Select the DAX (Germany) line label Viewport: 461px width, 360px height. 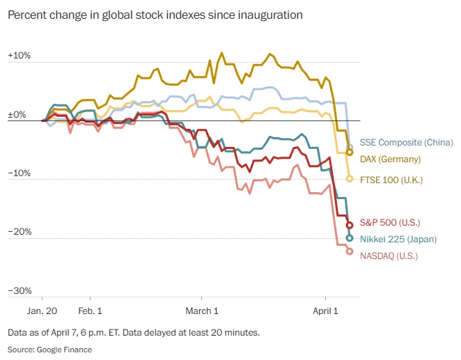point(391,159)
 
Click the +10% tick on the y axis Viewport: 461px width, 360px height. point(19,55)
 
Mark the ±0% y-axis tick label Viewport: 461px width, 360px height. point(17,115)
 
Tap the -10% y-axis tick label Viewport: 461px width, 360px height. point(19,173)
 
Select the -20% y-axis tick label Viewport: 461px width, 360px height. point(19,232)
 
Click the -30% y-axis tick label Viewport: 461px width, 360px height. point(19,290)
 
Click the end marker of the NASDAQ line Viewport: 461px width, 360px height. point(350,251)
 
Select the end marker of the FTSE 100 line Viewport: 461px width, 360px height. point(350,179)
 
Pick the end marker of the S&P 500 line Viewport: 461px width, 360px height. point(350,224)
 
